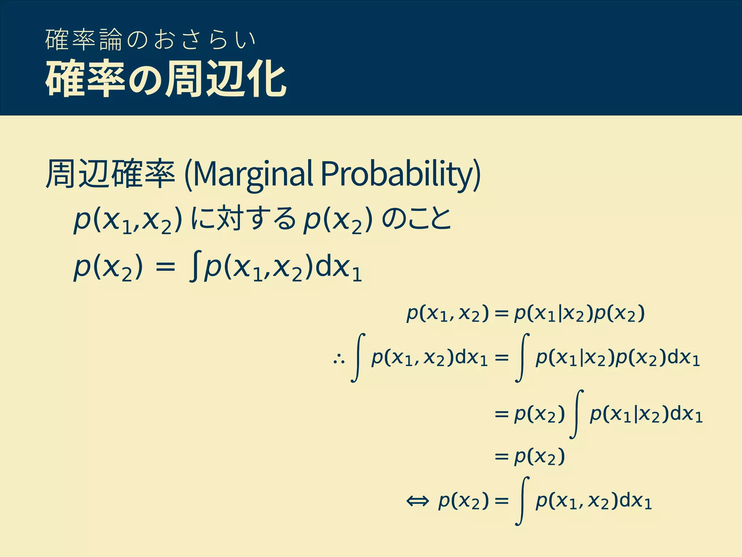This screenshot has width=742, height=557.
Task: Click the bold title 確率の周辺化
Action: (166, 79)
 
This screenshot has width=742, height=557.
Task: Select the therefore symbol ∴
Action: (339, 359)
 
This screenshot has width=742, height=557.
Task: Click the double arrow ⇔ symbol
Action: (417, 502)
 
